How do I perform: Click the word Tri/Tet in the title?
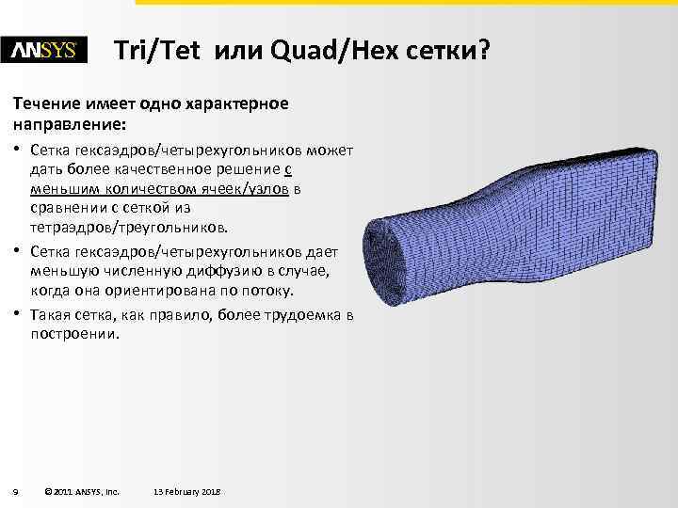point(156,51)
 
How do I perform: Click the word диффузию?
point(238,271)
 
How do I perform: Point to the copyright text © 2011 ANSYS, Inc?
point(81,491)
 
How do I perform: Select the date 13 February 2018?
point(186,491)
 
